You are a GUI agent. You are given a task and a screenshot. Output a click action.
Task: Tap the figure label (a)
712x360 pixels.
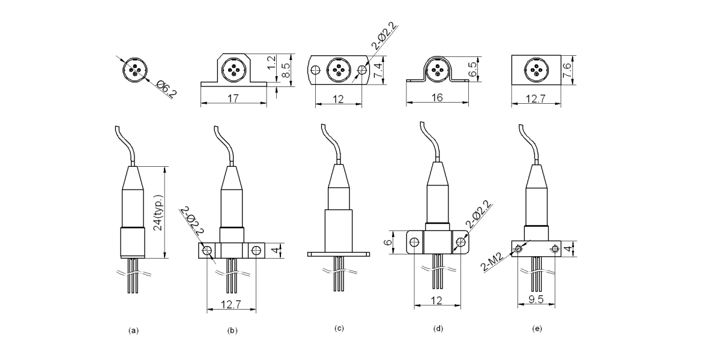coord(134,329)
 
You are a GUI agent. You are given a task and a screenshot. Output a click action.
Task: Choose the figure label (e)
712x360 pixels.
coord(537,328)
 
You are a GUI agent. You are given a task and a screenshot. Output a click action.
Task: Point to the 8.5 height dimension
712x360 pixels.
coord(288,70)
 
